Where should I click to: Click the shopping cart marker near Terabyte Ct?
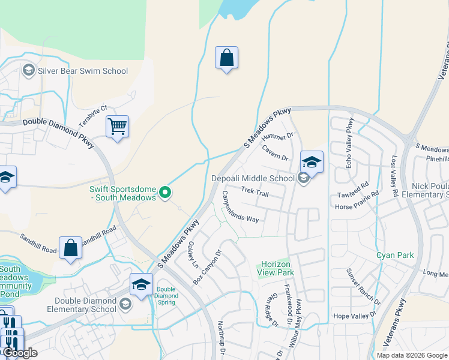coord(118,127)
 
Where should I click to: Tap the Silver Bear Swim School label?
coord(83,71)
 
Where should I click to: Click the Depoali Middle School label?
coord(253,178)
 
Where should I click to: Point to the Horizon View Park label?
coord(276,268)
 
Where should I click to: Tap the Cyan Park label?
coord(395,255)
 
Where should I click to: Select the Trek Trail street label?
coord(255,190)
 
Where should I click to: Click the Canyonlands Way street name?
coord(240,206)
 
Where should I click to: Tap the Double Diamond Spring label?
coord(166,296)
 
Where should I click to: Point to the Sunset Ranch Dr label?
coord(363,286)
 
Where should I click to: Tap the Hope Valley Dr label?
coord(354,315)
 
